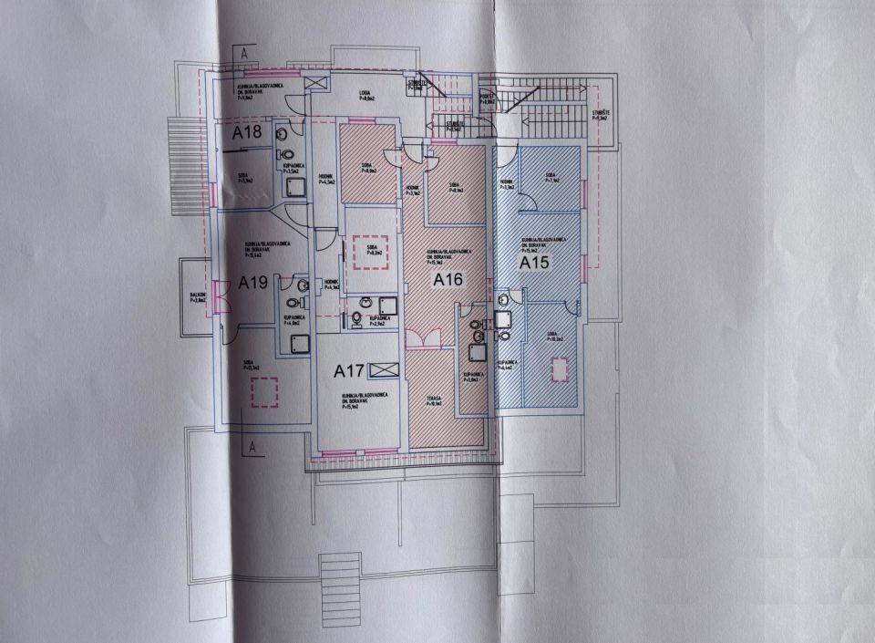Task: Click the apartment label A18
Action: [247, 132]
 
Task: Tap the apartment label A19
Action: [252, 283]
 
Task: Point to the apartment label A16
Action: [449, 279]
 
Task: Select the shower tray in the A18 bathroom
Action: [296, 187]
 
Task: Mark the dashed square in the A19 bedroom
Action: [263, 391]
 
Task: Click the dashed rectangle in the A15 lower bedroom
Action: [558, 369]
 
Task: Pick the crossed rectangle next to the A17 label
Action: [386, 369]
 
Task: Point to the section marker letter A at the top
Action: [245, 53]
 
